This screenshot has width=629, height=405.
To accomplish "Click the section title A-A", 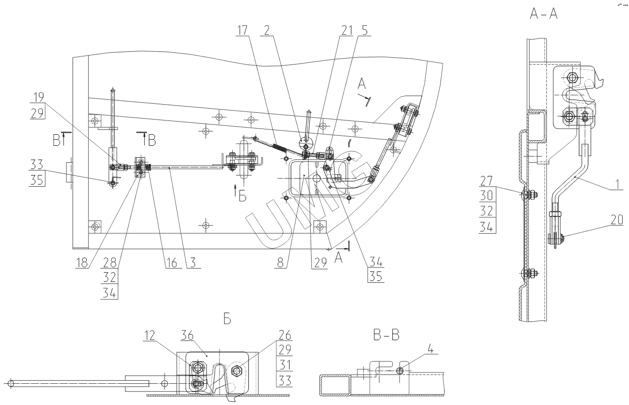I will tap(543, 14).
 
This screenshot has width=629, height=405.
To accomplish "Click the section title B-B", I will tap(386, 335).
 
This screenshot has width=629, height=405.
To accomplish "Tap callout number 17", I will tap(242, 31).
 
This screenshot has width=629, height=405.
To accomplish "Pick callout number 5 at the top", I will tap(364, 31).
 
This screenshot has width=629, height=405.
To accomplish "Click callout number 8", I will tap(280, 262).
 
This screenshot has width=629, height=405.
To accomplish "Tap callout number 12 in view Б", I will tap(150, 335).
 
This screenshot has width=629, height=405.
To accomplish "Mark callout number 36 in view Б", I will tap(187, 335).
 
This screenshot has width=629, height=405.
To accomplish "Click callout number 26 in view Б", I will tap(285, 335).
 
